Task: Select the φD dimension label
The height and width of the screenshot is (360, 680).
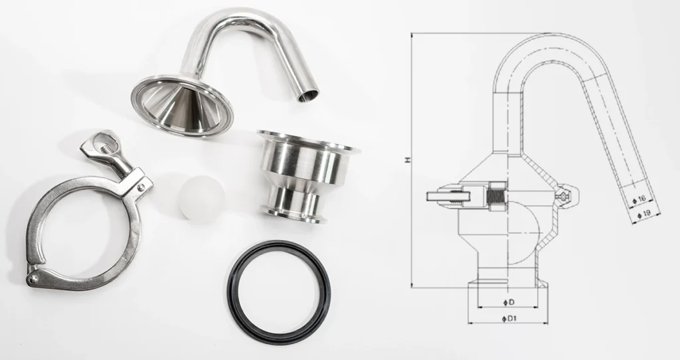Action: [x=508, y=303]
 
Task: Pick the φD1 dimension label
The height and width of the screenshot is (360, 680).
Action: [x=509, y=319]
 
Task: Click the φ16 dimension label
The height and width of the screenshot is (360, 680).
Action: [x=640, y=198]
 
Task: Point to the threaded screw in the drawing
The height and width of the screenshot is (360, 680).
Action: [x=493, y=196]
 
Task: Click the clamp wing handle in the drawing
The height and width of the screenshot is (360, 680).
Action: [x=440, y=195]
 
